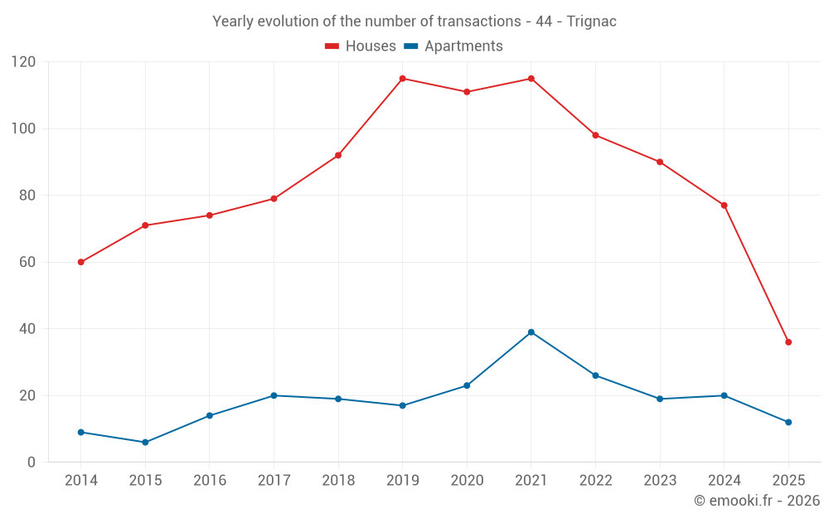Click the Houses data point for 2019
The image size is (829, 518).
point(402,79)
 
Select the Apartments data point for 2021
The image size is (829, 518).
point(531,332)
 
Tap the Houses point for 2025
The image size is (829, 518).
point(788,342)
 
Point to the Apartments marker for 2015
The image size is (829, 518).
point(145,443)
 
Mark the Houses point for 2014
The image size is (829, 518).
point(80,262)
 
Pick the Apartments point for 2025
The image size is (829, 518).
point(788,423)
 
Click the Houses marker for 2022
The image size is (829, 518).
point(595,135)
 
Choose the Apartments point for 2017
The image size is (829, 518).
point(274,395)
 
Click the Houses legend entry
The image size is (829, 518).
point(361,46)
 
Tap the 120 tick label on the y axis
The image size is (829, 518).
point(24,62)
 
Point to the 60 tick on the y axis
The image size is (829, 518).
point(27,262)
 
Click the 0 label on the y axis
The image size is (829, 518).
point(32,462)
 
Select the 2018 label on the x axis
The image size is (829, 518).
point(338,481)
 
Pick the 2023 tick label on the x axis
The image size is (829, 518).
point(660,481)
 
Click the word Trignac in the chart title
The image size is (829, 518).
point(591,22)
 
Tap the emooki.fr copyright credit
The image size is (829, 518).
point(756,501)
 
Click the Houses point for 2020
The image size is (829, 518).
point(467,92)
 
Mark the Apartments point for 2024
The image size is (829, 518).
point(724,395)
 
